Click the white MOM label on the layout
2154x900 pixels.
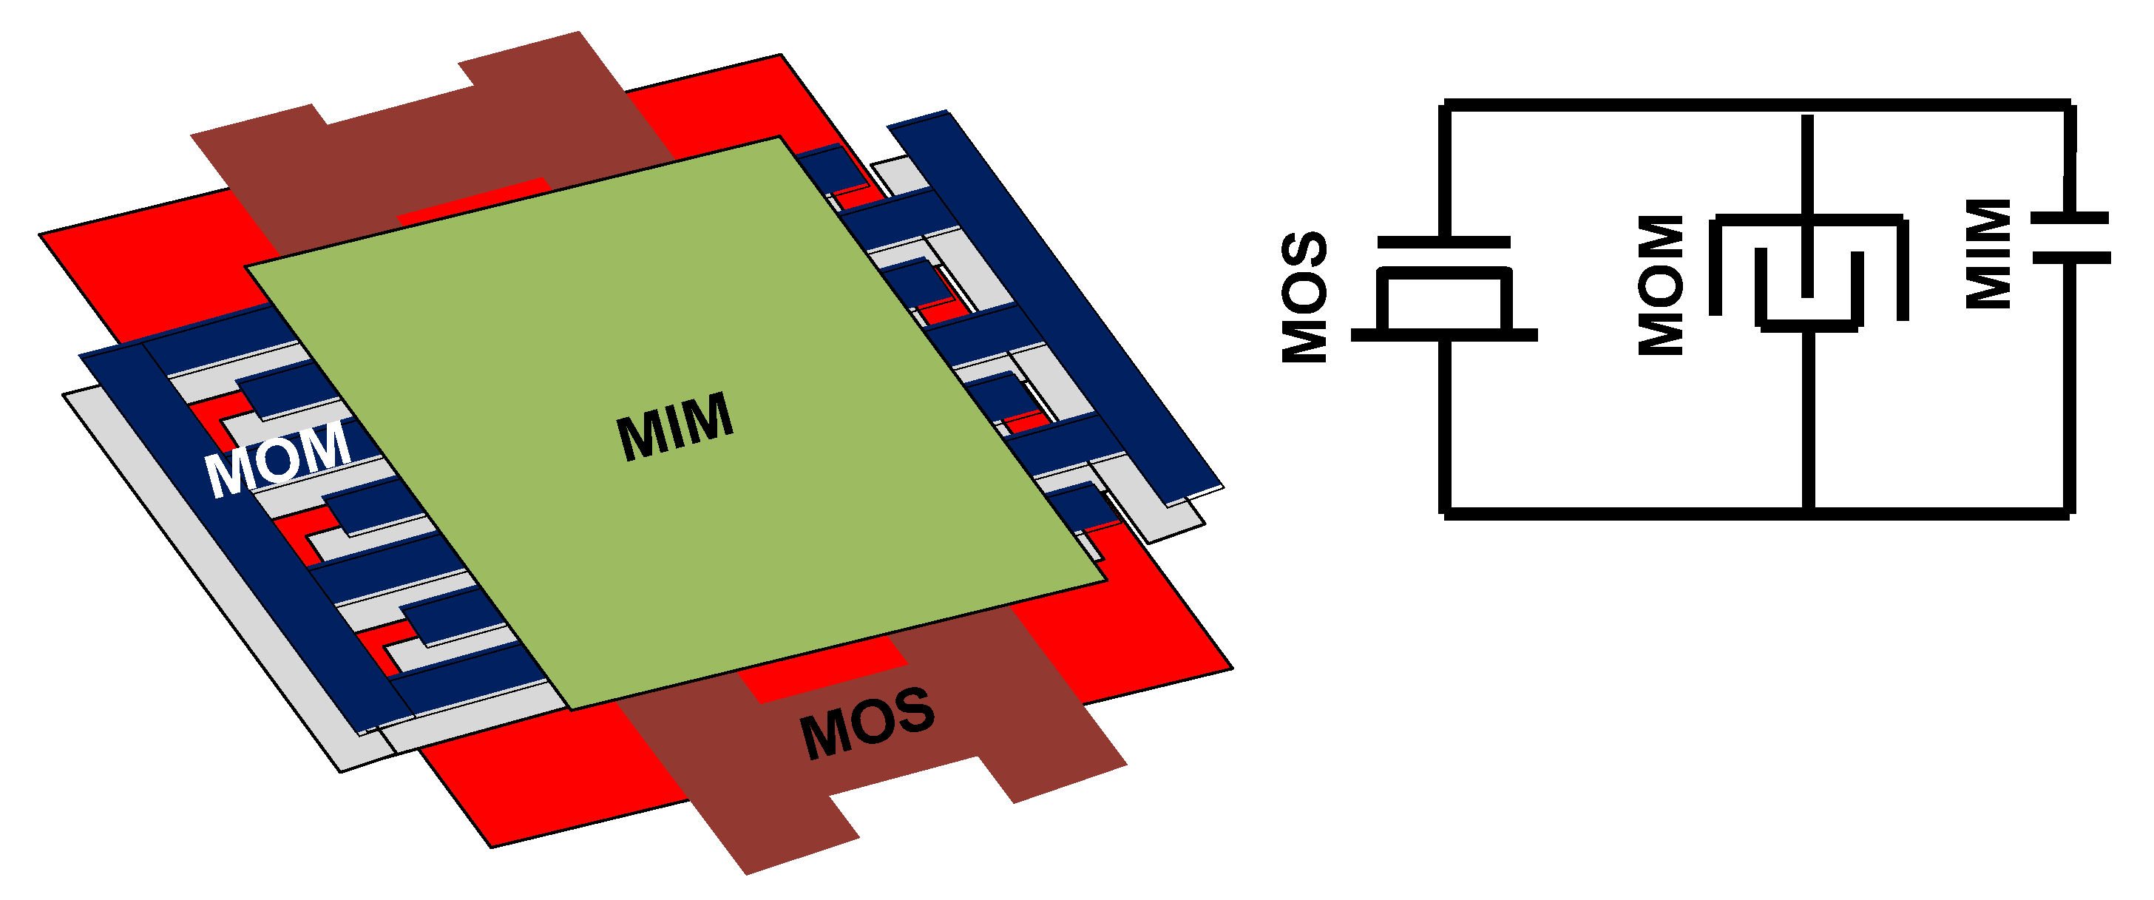click(277, 459)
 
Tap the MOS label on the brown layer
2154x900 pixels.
click(867, 723)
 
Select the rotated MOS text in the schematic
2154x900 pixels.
click(1304, 297)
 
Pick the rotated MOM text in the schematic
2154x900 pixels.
click(1660, 285)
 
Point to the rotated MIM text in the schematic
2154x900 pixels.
click(1988, 254)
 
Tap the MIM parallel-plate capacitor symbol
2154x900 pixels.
click(2070, 238)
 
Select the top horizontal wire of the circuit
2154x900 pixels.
click(1756, 104)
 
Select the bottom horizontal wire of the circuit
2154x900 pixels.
click(1756, 512)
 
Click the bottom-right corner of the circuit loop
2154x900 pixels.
click(2070, 512)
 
